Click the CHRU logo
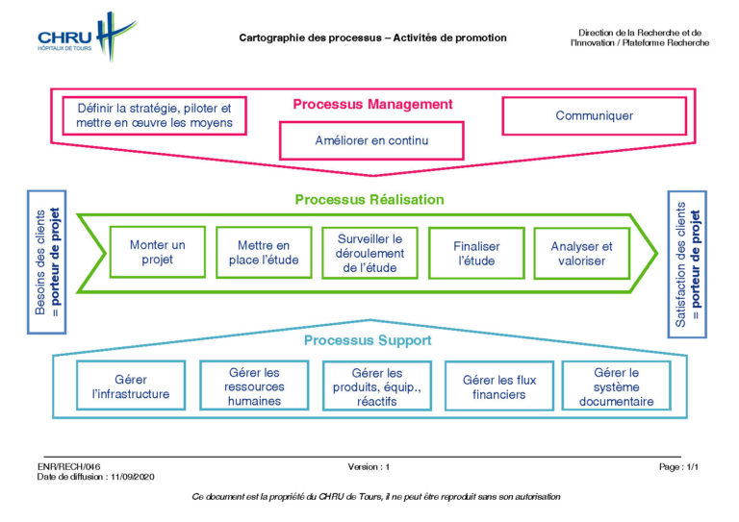[88, 37]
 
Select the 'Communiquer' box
[595, 115]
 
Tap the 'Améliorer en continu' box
[371, 140]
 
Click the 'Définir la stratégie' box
[155, 115]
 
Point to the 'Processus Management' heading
[372, 104]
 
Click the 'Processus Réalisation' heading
[369, 200]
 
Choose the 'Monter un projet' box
[158, 252]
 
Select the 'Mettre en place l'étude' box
[264, 253]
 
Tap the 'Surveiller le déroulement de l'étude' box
[369, 253]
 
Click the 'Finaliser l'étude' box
[476, 253]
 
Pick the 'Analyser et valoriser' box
[582, 253]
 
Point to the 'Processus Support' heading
[368, 340]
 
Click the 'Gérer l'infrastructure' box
[131, 385]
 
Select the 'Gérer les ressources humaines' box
[254, 385]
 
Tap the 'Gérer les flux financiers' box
[499, 386]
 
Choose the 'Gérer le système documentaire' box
[617, 386]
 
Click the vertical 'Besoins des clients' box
[46, 262]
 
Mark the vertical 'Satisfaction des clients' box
[687, 264]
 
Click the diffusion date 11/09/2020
[133, 477]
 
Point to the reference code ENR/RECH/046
[69, 467]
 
